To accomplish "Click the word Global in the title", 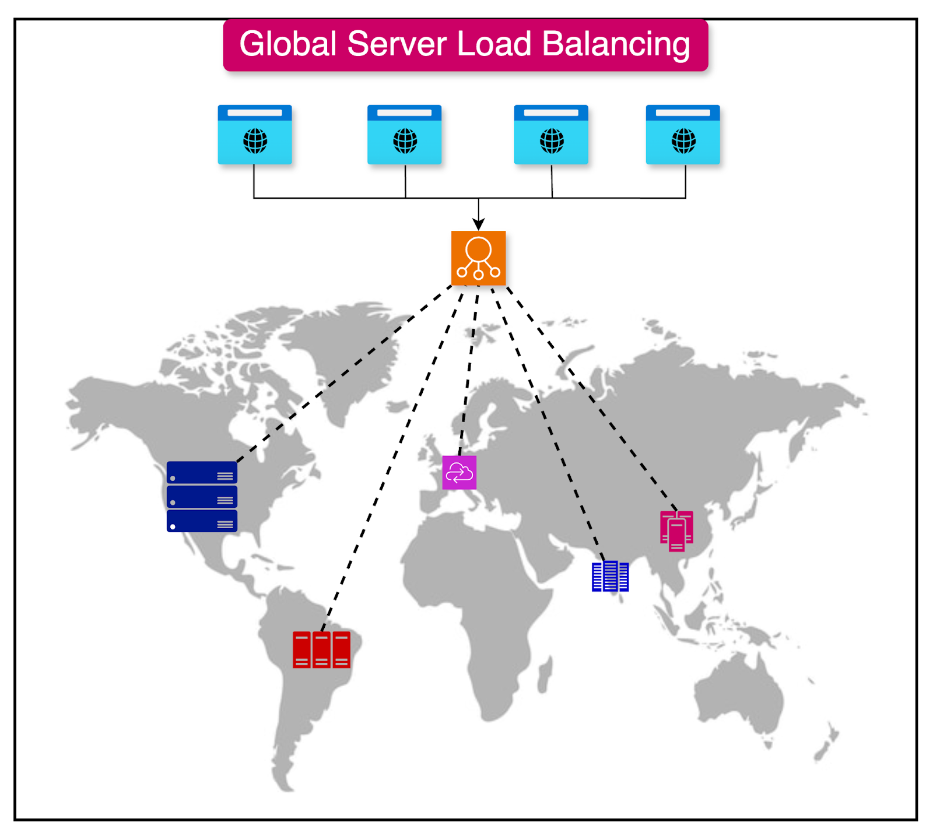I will [288, 44].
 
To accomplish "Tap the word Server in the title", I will [397, 44].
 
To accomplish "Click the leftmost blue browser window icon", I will [255, 135].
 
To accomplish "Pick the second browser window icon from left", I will [404, 135].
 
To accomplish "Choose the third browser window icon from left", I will [551, 135].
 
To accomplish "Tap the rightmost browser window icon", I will [683, 135].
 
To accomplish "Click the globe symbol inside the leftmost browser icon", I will [255, 141].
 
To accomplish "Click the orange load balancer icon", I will [478, 258].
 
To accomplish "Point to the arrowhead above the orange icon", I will [478, 225].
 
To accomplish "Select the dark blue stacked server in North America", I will [202, 497].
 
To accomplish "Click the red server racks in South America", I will [321, 649].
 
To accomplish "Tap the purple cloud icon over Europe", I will [460, 472].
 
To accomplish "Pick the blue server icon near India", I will [610, 577].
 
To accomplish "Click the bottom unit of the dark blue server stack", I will [202, 521].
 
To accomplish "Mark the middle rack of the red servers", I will [321, 649].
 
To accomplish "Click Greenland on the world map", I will [350, 350].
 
